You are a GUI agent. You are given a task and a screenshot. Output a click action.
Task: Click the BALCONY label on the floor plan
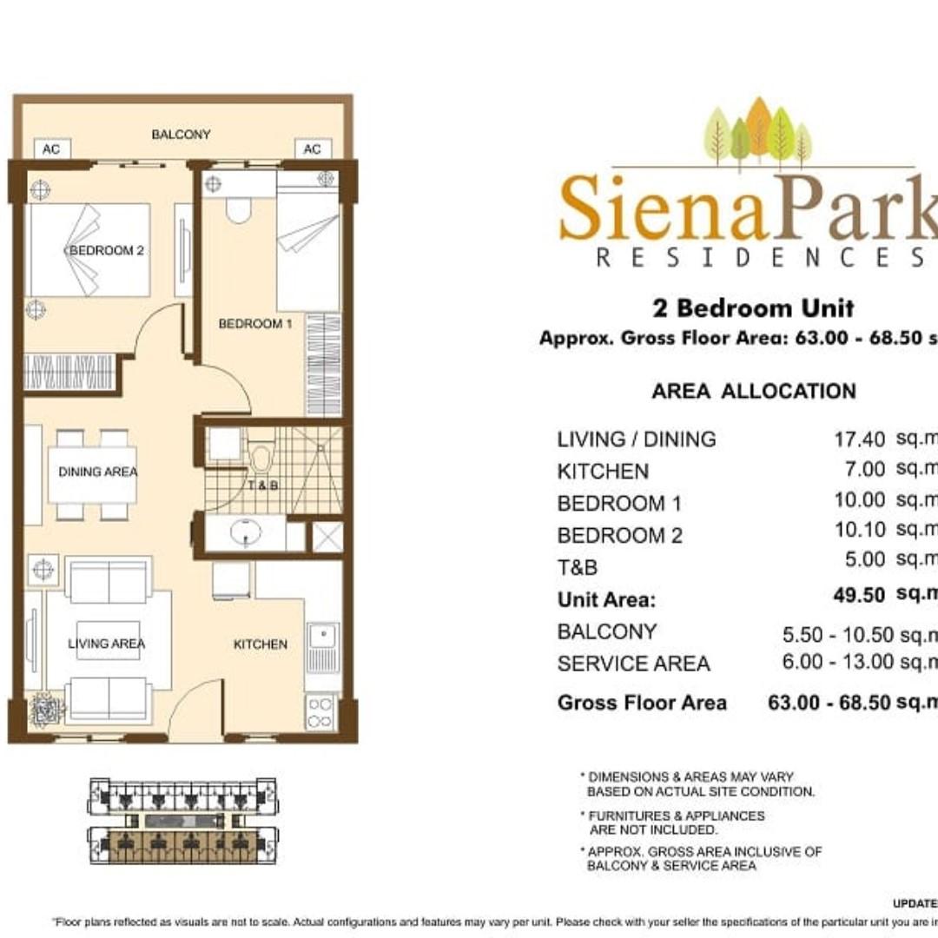[181, 135]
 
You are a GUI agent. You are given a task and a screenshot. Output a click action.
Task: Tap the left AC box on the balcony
[51, 149]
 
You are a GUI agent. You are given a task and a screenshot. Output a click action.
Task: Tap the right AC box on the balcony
[312, 149]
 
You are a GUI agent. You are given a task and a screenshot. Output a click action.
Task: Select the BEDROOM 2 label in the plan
[105, 251]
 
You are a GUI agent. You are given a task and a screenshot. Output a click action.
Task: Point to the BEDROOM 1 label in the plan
[250, 324]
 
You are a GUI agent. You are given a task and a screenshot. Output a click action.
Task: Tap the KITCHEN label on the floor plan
[261, 644]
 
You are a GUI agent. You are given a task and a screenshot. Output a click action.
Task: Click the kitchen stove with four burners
[321, 710]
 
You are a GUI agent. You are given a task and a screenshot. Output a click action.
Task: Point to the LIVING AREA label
[107, 644]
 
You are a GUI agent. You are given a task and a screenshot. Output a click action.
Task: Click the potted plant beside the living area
[47, 709]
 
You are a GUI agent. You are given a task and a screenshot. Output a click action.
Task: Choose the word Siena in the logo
[664, 209]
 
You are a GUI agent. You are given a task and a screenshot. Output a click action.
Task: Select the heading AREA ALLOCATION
[753, 391]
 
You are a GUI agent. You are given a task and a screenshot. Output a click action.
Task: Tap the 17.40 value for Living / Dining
[859, 439]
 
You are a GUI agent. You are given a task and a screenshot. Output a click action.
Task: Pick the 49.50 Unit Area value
[859, 595]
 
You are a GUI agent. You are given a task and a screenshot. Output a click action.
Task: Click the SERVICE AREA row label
[633, 664]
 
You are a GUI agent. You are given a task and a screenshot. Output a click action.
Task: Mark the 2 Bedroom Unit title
[753, 307]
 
